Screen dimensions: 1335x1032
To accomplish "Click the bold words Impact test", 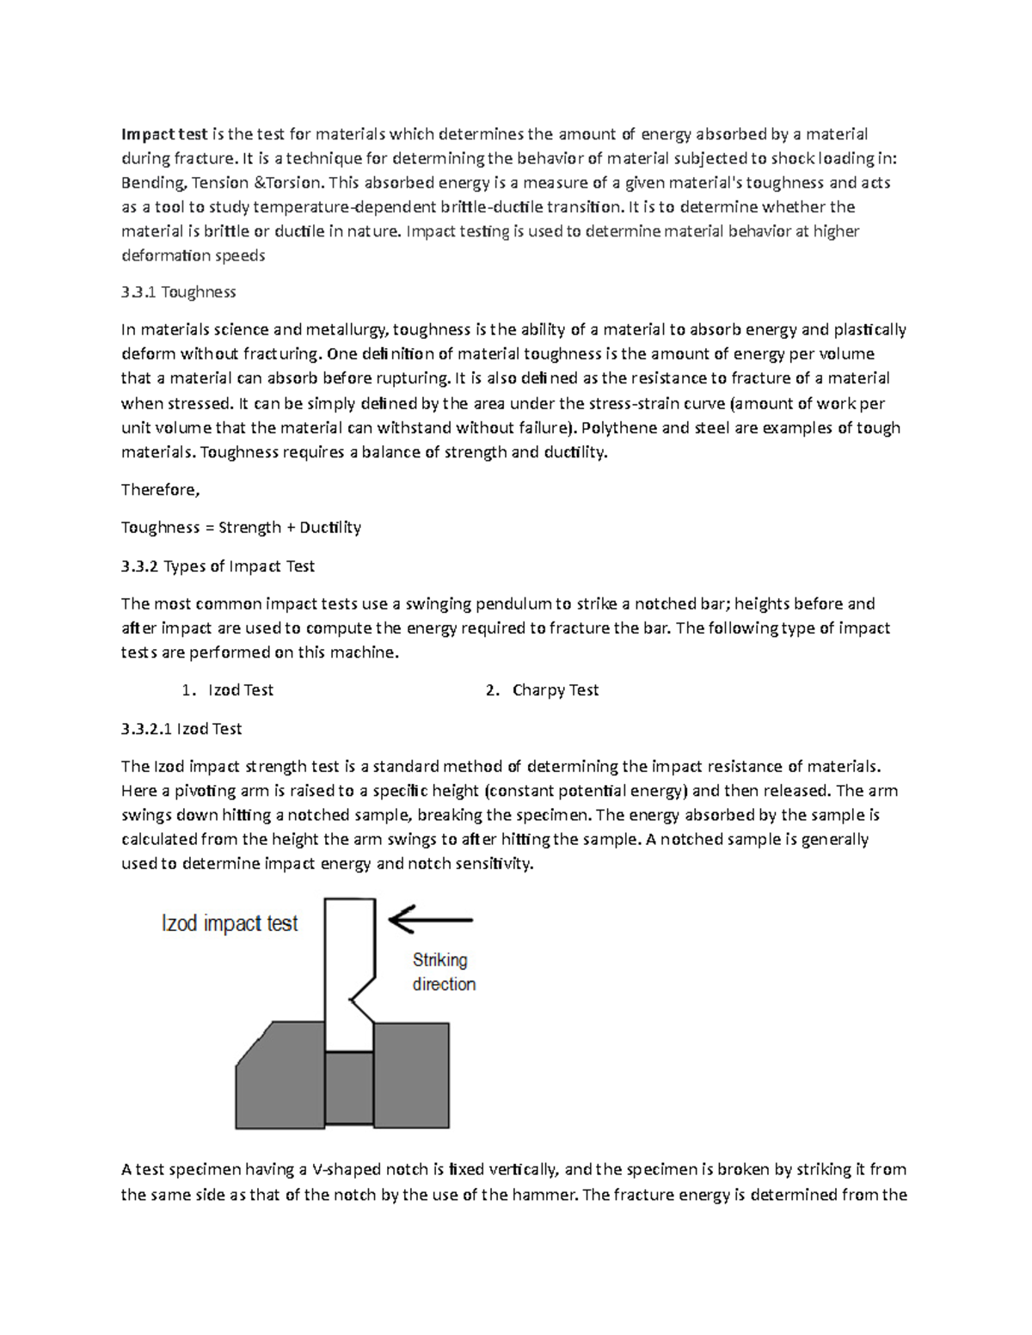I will click(163, 134).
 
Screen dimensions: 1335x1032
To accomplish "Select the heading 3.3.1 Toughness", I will click(178, 292).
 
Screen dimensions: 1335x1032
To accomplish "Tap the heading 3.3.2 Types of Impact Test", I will click(218, 566).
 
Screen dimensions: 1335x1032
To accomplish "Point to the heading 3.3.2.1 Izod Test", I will click(181, 729).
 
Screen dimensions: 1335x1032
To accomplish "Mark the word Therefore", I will click(160, 490).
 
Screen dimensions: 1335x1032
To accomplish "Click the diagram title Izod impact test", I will click(230, 924).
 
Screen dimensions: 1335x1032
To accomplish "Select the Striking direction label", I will click(444, 972).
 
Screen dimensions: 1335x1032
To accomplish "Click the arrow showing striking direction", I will click(430, 921).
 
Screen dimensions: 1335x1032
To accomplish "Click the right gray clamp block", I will click(411, 1075).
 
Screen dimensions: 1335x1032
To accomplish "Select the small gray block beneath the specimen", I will click(349, 1089).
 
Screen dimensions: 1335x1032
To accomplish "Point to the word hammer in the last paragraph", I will click(544, 1194).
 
